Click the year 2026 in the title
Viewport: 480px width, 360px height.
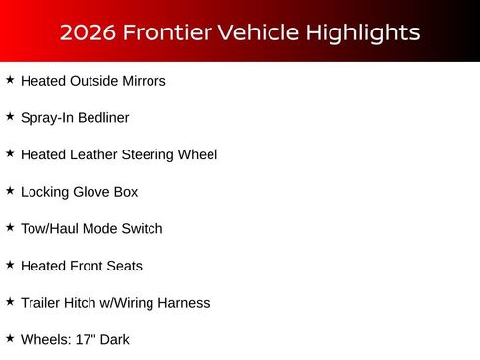[x=87, y=32]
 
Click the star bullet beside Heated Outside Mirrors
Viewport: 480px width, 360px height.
[x=10, y=80]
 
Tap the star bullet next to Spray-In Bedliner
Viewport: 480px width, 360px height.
[x=10, y=117]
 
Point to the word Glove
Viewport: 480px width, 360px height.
[x=94, y=192]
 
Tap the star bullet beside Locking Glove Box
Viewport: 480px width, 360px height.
[x=10, y=191]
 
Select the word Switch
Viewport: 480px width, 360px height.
[x=142, y=229]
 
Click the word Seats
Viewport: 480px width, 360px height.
[x=124, y=267]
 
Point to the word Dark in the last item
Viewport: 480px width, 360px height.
[x=114, y=340]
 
